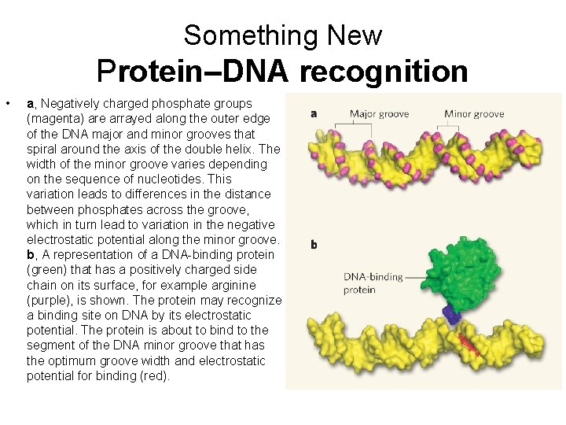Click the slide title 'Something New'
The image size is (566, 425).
coord(283,35)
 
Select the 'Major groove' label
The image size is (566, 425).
coord(379,113)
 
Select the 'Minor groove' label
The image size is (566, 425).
coord(474,113)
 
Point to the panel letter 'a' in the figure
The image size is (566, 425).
coord(314,113)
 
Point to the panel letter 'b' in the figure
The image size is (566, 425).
coord(314,245)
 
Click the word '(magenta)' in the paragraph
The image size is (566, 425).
coord(50,119)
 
